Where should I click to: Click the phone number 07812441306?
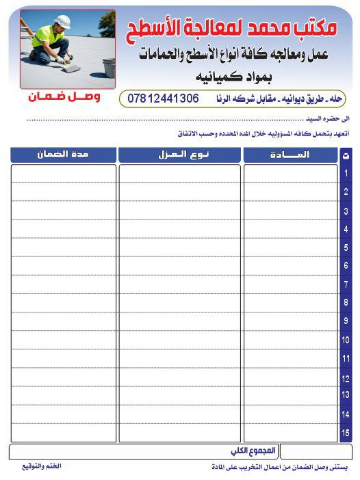[164, 98]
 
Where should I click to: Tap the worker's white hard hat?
[63, 22]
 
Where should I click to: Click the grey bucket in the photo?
[109, 67]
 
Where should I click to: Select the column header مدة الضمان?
[63, 155]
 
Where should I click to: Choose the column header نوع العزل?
[179, 155]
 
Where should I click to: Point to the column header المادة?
[290, 155]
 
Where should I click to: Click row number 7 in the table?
[346, 284]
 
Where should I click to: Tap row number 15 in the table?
[346, 432]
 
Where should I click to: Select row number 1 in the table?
[346, 174]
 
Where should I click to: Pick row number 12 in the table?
[346, 377]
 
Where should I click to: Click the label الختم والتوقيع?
[41, 466]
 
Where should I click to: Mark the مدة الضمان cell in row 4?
[63, 228]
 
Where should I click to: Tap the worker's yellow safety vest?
[47, 34]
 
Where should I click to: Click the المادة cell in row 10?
[290, 340]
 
